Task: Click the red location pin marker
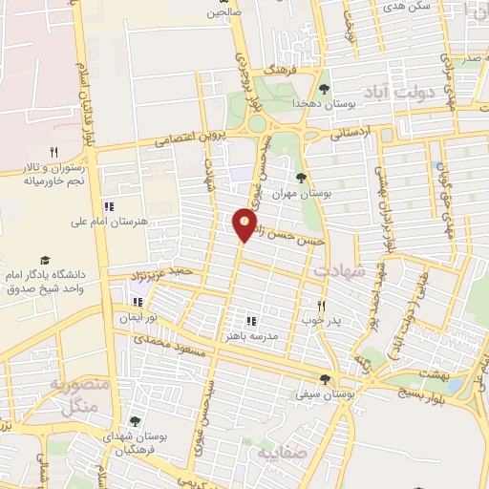pos(245,225)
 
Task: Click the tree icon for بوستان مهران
pos(301,178)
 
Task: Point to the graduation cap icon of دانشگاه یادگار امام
pos(44,260)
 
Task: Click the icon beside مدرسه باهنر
pos(252,321)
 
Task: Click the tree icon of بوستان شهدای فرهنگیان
pos(134,421)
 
